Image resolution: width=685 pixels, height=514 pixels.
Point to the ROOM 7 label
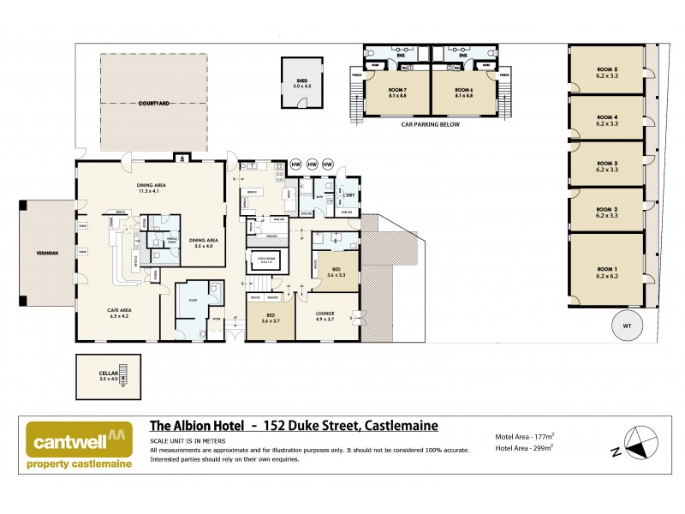(x=396, y=92)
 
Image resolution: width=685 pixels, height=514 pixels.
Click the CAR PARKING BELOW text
(x=431, y=124)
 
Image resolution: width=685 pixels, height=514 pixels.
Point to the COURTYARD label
(x=153, y=103)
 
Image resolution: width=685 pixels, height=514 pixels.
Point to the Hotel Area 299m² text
(x=524, y=446)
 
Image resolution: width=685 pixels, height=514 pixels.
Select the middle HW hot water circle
(x=313, y=164)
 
